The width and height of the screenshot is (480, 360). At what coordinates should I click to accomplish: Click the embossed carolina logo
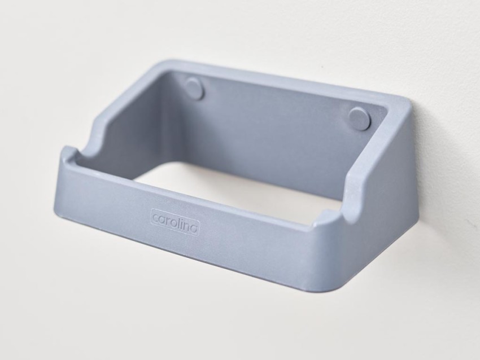coord(175,222)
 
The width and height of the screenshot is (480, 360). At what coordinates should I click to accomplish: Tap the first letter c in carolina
coord(156,218)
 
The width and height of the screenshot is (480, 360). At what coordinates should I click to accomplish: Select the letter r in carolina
coord(168,221)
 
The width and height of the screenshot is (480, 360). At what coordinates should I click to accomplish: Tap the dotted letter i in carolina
coord(182,223)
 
